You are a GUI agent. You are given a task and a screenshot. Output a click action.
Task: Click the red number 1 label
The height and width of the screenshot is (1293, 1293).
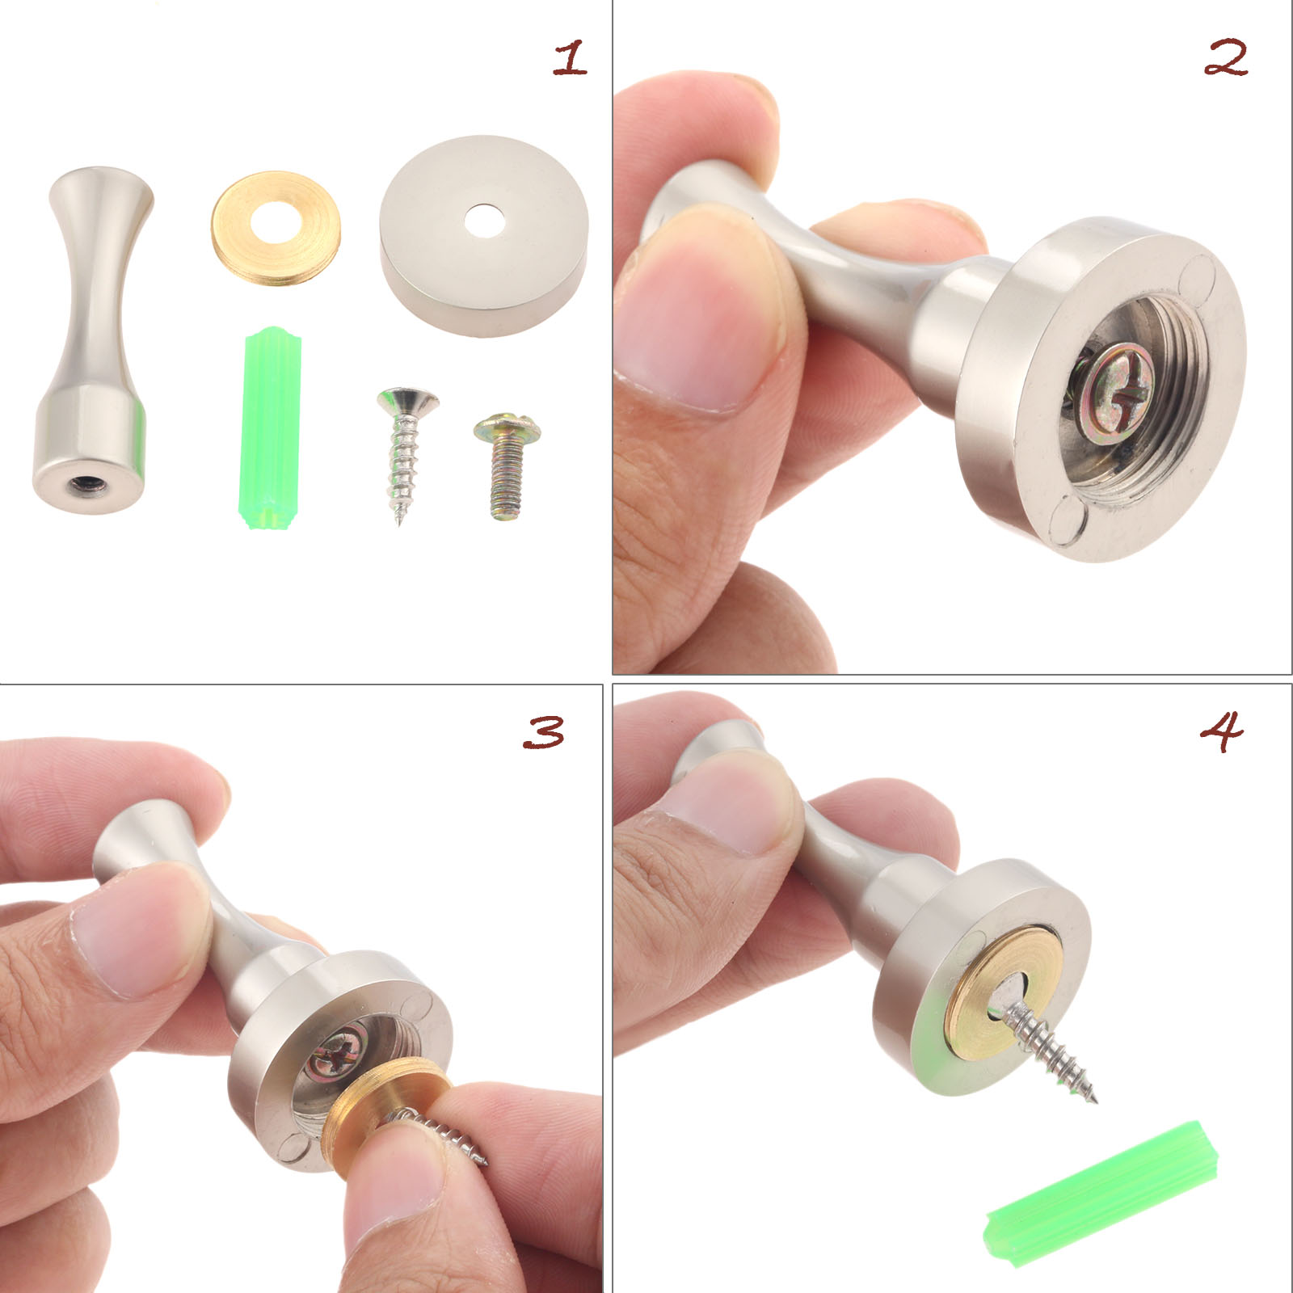570,59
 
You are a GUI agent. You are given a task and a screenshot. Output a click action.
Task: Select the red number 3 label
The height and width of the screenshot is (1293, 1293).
544,732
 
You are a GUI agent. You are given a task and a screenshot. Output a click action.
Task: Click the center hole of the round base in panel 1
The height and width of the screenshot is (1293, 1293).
482,221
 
